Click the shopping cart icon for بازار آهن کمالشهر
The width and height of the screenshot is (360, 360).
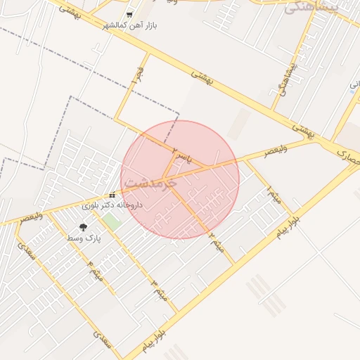click(x=129, y=14)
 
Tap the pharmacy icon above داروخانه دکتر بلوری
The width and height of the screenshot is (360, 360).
click(x=112, y=195)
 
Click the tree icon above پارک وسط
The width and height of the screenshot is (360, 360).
click(x=84, y=227)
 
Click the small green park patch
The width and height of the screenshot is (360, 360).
click(x=110, y=221)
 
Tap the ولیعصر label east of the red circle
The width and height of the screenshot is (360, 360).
click(x=265, y=152)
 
